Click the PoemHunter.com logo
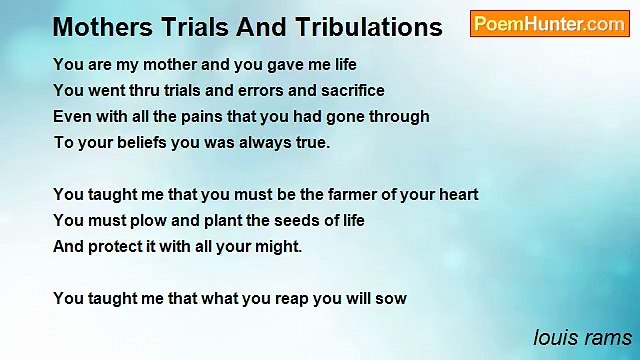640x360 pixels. (549, 24)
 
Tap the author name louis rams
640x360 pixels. (582, 336)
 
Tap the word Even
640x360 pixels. (71, 116)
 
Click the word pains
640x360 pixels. (205, 116)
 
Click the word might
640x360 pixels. (278, 246)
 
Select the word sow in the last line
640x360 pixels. (392, 298)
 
